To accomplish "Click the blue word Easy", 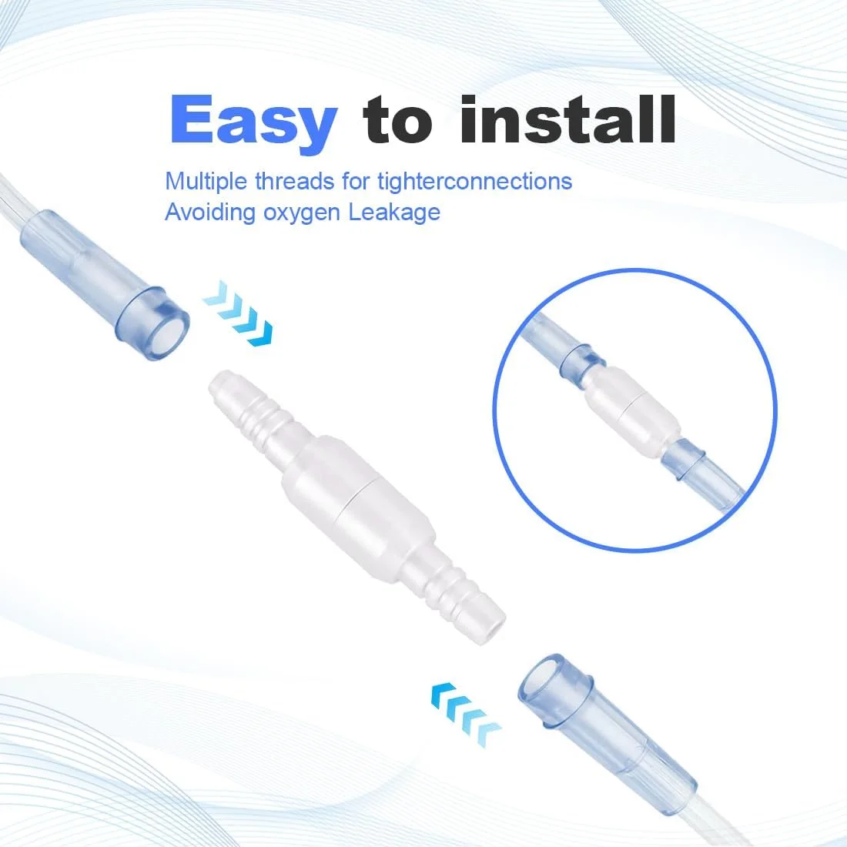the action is pos(254,123).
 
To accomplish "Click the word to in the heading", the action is pos(397,120).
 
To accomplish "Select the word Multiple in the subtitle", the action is pos(206,182).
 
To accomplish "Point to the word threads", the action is pos(295,181).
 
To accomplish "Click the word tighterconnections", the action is pos(475,182).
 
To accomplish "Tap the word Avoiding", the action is pos(210,213).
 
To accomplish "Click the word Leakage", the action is pos(394,213).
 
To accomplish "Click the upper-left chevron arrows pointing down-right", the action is pos(238,313).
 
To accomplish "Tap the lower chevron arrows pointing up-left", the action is pos(466,714).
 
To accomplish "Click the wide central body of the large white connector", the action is pos(357,497).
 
